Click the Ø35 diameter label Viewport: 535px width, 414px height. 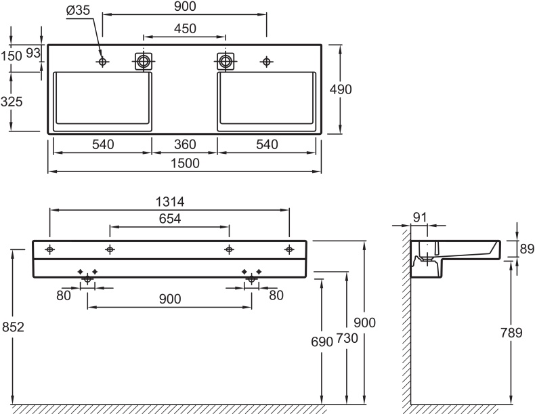coord(77,11)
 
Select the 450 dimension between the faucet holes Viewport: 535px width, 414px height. coord(185,28)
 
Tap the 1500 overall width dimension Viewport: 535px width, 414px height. coord(185,163)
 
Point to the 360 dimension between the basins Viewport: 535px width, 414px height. coord(185,144)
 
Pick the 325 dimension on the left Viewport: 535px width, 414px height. coord(12,102)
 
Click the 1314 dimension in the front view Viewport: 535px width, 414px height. coord(171,202)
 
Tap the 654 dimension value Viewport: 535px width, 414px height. coord(169,219)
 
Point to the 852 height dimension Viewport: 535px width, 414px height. coord(12,327)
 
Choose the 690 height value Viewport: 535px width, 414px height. coord(322,341)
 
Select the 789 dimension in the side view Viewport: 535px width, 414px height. coord(511,333)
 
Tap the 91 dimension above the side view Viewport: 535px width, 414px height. coord(419,218)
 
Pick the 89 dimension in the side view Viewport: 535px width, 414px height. coord(526,249)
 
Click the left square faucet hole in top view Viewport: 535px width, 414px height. coord(144,61)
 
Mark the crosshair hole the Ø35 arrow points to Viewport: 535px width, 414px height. coord(103,62)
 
